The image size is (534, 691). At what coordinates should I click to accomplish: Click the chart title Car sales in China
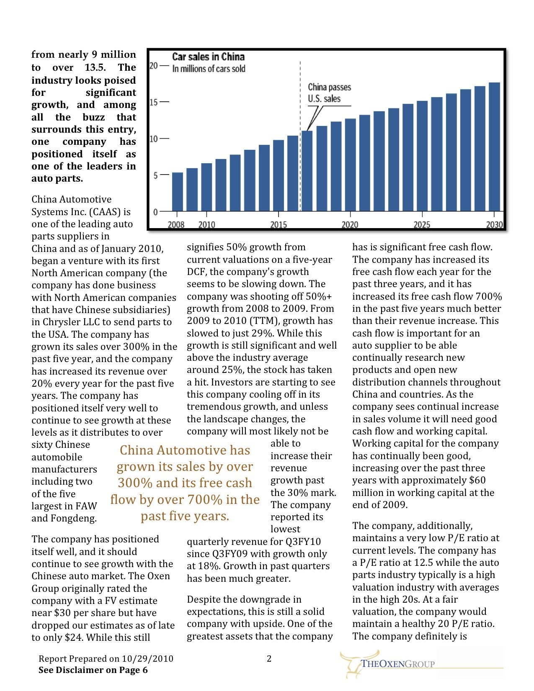pos(208,57)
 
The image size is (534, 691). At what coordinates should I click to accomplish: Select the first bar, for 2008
pos(178,191)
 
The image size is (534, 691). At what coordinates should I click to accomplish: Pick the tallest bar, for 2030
pos(494,146)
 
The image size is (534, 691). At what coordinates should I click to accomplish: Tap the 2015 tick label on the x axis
pos(279,225)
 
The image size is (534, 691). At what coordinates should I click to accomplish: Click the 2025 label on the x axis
pos(422,225)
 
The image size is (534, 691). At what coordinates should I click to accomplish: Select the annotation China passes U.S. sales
pos(329,93)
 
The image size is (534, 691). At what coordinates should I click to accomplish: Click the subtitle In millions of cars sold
pos(209,69)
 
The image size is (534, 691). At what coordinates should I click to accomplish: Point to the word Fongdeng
pos(73,519)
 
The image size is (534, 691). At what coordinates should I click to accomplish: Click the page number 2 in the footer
pos(269,659)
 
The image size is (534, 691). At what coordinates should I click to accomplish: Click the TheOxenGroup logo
pos(387,663)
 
